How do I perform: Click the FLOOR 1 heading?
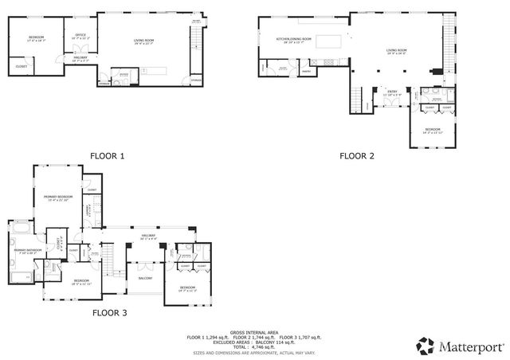[108, 156]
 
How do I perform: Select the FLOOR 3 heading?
[109, 313]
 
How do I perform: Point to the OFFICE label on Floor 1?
[80, 36]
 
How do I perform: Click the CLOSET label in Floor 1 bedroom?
[21, 66]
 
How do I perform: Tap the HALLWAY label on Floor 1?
[80, 57]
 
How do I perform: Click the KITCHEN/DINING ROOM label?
[293, 39]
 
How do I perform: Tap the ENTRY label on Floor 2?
[391, 92]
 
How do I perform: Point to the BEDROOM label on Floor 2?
[433, 129]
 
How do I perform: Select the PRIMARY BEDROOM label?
[58, 197]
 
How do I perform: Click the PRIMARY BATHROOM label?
[27, 251]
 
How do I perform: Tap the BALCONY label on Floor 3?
[145, 278]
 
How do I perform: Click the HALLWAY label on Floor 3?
[148, 236]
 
